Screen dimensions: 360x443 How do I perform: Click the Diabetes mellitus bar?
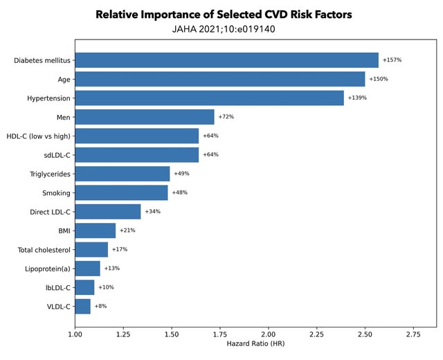click(x=226, y=60)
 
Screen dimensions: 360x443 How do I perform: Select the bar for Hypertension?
click(x=209, y=98)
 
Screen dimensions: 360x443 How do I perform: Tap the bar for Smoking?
click(x=121, y=192)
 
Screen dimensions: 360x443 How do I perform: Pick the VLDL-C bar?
click(x=82, y=306)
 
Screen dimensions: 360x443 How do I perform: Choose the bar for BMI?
click(x=95, y=231)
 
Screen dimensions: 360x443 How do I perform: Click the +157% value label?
click(x=392, y=60)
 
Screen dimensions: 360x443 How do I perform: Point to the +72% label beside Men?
click(x=226, y=117)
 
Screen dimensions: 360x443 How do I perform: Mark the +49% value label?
click(x=182, y=174)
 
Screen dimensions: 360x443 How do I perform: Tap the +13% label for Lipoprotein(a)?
click(x=112, y=268)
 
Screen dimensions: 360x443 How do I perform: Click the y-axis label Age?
click(x=63, y=80)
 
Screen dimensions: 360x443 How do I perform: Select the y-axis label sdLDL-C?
click(x=55, y=155)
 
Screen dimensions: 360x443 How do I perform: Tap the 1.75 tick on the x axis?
click(x=219, y=334)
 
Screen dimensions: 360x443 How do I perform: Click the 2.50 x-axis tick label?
click(x=365, y=334)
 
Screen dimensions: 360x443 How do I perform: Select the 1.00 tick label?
click(x=75, y=334)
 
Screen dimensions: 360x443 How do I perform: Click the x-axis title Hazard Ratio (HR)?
click(x=255, y=344)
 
